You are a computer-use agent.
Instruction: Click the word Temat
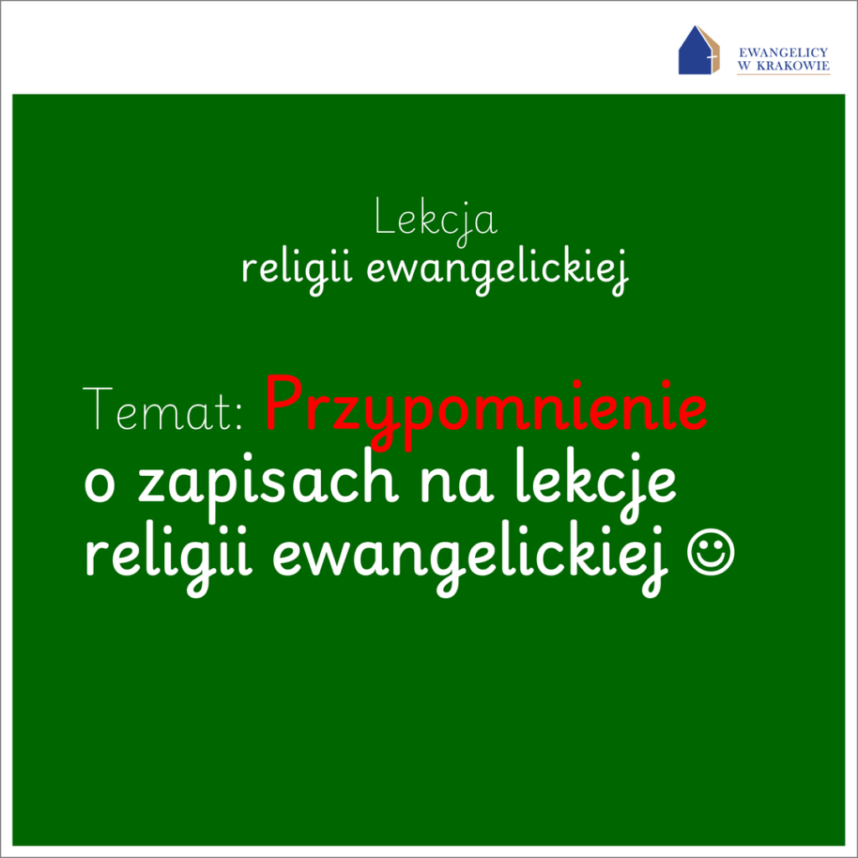click(158, 408)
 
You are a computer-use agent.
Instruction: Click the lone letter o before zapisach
click(100, 485)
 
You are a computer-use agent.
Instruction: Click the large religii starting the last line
click(168, 558)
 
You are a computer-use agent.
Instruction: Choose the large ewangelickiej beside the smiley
click(471, 558)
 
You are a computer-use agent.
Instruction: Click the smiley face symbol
click(711, 551)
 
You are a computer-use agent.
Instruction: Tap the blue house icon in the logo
click(695, 52)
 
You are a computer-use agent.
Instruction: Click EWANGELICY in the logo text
click(783, 53)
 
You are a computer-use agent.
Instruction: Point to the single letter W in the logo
click(744, 65)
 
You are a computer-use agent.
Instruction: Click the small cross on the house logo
click(711, 57)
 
